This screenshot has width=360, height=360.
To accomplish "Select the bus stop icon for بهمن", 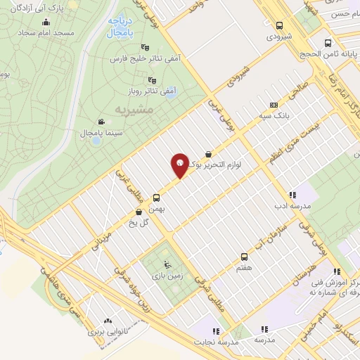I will (x=156, y=198).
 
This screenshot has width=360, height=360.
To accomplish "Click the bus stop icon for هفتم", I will (x=244, y=257).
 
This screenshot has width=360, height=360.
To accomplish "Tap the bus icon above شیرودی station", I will (x=280, y=25).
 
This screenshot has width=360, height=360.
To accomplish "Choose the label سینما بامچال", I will (x=124, y=132).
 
